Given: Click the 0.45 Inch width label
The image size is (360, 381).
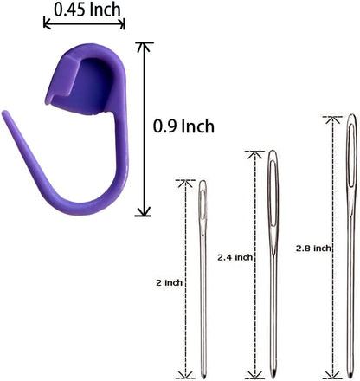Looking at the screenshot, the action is click(87, 10).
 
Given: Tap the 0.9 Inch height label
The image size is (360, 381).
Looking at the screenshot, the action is click(183, 126).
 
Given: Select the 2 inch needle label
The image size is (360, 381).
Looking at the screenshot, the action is click(169, 282).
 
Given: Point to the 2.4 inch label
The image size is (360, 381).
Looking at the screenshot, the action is click(235, 257).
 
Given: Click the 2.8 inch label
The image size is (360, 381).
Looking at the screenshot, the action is click(313, 249).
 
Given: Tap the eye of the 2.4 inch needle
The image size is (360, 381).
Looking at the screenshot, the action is click(273, 193).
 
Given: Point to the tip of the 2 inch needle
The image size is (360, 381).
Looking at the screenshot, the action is click(204, 378).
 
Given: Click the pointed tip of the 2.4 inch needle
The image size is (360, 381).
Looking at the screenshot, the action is click(273, 378).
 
